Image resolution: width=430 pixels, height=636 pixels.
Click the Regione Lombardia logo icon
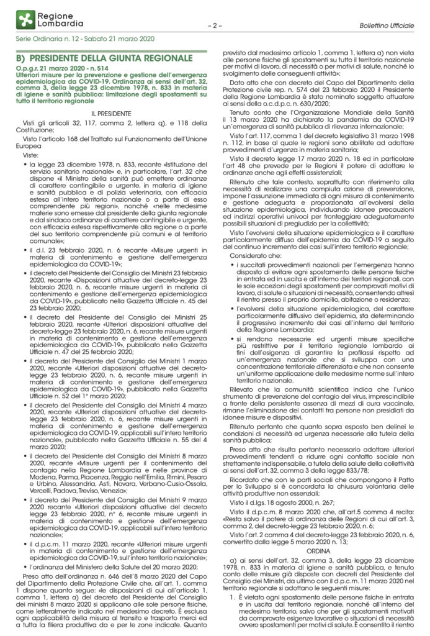[x=24, y=19]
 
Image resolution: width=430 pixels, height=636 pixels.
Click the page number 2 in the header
[x=217, y=26]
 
